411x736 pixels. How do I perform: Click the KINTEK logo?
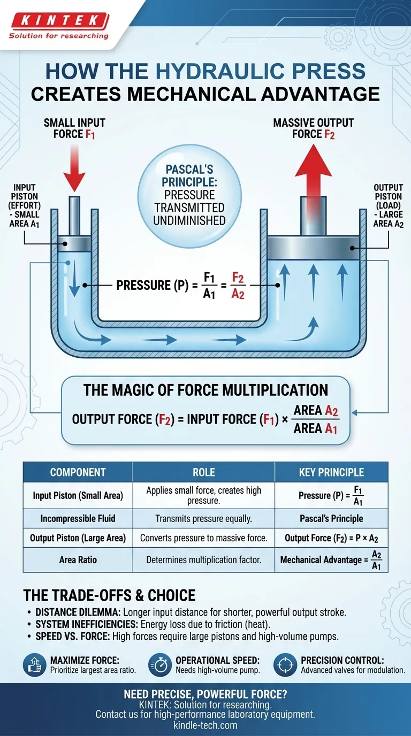tap(58, 21)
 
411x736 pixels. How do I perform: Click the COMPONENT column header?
tap(78, 472)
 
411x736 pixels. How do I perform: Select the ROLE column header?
tap(203, 472)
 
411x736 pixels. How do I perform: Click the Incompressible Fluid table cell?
tap(78, 518)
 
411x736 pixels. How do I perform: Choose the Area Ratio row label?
tap(78, 561)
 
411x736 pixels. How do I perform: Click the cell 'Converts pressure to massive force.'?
tap(203, 538)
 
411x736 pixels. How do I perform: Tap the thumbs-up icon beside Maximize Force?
tap(34, 665)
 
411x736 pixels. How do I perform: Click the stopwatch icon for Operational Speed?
tap(159, 665)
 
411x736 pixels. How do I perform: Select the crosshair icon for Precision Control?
tap(285, 665)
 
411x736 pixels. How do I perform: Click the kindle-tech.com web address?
tap(205, 725)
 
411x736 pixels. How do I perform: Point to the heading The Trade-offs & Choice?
tap(109, 595)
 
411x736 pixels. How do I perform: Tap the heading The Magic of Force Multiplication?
tap(205, 389)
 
